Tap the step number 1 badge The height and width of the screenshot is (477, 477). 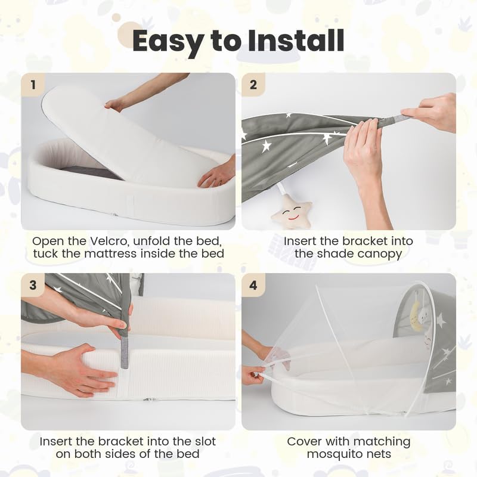pyautogui.click(x=33, y=85)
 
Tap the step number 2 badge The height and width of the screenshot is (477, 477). pyautogui.click(x=253, y=85)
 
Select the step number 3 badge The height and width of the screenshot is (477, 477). pyautogui.click(x=33, y=285)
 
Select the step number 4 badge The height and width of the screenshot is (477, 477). pyautogui.click(x=253, y=285)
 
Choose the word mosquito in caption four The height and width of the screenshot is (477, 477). pyautogui.click(x=333, y=454)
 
